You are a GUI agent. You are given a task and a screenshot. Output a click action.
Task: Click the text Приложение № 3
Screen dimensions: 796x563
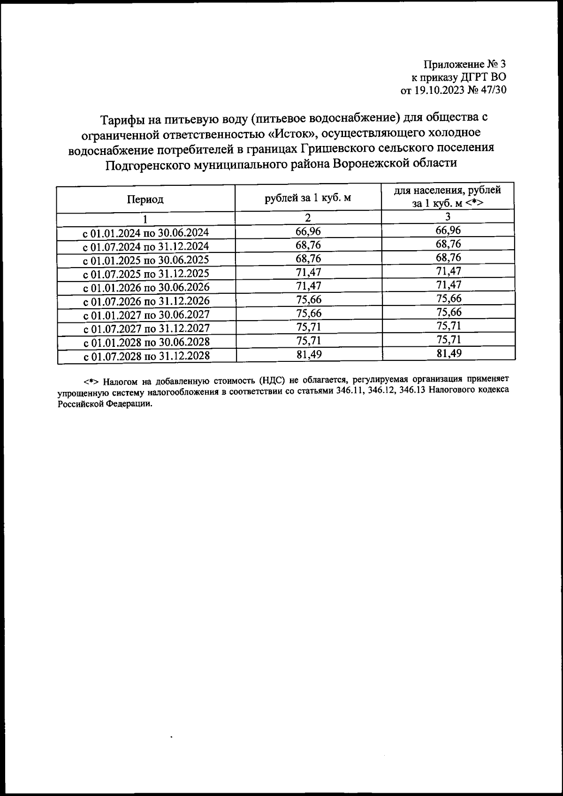465,64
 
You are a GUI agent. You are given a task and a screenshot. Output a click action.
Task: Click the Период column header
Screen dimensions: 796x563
145,199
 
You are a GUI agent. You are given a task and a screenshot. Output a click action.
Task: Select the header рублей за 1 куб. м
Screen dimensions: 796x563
308,198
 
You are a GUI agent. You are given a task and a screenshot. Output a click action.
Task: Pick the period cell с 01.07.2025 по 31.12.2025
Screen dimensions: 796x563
146,274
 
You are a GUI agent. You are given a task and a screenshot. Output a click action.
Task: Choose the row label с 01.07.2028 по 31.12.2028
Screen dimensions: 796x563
146,356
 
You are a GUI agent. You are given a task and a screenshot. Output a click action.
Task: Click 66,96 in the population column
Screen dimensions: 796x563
449,230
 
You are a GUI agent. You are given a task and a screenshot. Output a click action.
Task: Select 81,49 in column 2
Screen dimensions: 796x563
309,354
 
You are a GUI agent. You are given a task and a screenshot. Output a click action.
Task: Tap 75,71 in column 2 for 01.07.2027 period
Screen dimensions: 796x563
309,327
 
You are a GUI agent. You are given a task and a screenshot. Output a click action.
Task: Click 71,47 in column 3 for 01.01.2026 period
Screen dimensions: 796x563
449,285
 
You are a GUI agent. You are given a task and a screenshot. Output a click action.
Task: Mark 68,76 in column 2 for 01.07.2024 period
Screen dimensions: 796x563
309,245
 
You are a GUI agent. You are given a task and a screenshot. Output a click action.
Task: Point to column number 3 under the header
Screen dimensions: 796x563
448,216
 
